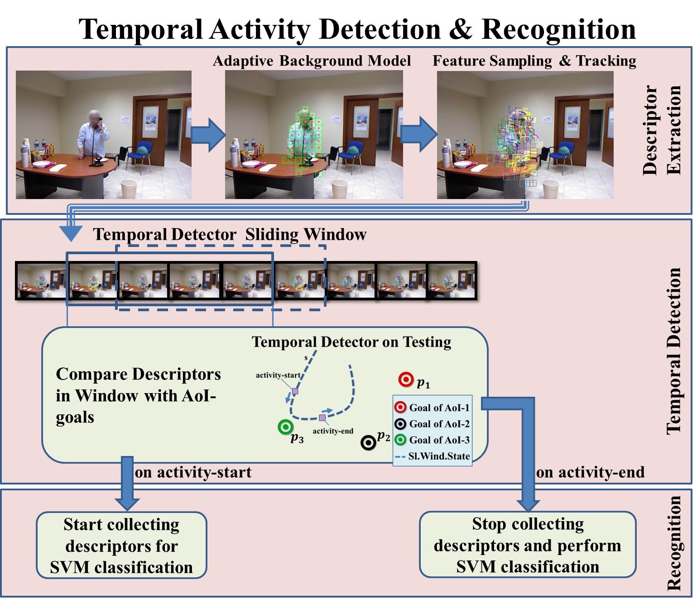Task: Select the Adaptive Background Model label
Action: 312,61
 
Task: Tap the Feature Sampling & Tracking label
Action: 534,61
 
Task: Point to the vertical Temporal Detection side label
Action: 674,351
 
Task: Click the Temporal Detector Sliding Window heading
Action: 229,234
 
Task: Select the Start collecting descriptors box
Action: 121,545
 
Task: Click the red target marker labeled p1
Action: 406,380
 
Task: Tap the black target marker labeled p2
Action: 368,442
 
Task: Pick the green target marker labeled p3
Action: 285,426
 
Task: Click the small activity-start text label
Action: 278,375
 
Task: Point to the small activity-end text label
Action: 333,431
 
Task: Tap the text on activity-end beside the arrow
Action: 590,472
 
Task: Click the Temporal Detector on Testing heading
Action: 351,342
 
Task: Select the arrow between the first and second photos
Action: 208,134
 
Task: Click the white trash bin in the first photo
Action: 129,189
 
